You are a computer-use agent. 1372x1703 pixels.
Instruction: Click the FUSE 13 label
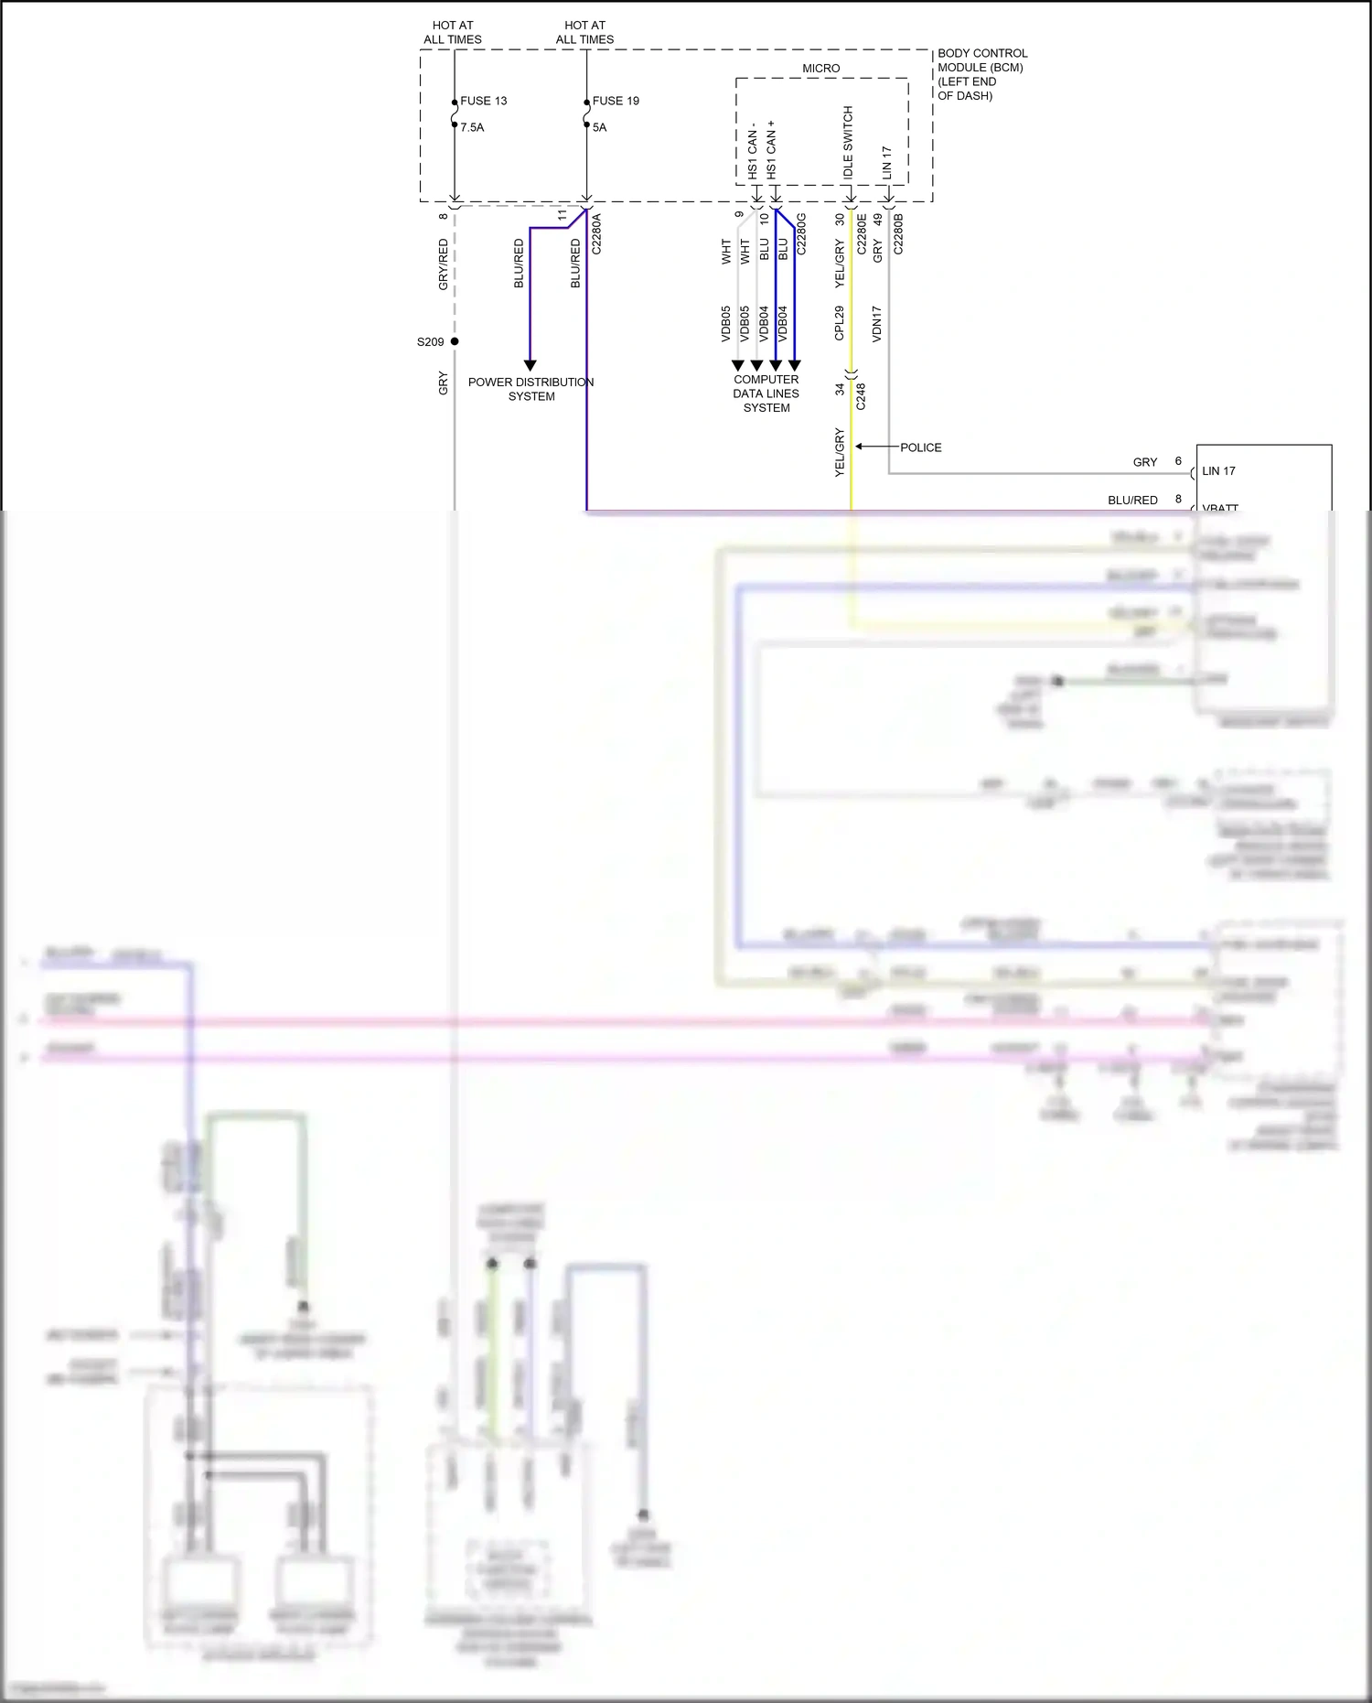point(483,101)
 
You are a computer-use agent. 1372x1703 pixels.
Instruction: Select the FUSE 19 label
point(616,101)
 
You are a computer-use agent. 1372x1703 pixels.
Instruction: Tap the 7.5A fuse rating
point(472,127)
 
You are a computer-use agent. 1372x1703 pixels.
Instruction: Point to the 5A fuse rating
point(599,127)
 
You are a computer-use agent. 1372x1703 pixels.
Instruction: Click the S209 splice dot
point(455,341)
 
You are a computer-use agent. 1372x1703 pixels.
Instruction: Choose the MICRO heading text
point(820,69)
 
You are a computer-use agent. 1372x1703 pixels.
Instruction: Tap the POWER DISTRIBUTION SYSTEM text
point(531,389)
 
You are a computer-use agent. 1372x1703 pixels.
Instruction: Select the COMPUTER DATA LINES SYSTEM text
point(766,393)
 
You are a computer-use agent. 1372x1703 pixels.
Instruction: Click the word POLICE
point(920,447)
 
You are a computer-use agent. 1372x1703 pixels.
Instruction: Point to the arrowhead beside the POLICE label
point(860,447)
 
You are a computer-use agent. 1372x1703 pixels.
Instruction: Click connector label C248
point(861,396)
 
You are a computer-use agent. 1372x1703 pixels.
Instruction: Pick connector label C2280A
point(596,234)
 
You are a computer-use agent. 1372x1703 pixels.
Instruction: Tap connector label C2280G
point(801,234)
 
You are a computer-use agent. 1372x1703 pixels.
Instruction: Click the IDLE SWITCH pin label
point(848,142)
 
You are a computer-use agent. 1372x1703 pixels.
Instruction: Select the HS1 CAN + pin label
point(771,149)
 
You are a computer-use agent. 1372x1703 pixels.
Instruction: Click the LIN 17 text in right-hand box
point(1218,471)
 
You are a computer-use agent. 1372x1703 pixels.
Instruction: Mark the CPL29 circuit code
point(840,324)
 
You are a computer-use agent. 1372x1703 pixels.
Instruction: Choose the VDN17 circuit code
point(876,324)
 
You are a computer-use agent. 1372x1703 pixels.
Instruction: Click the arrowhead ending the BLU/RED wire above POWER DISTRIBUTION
point(530,365)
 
